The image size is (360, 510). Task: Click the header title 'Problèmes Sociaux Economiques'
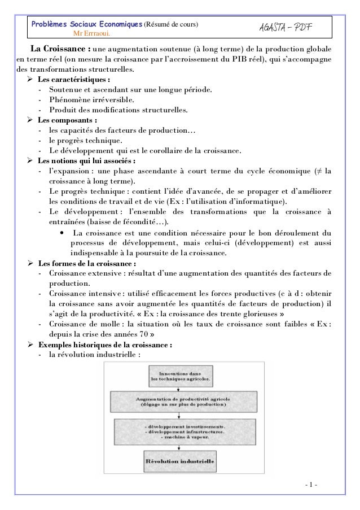[x=87, y=25]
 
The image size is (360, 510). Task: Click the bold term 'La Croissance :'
[x=60, y=49]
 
